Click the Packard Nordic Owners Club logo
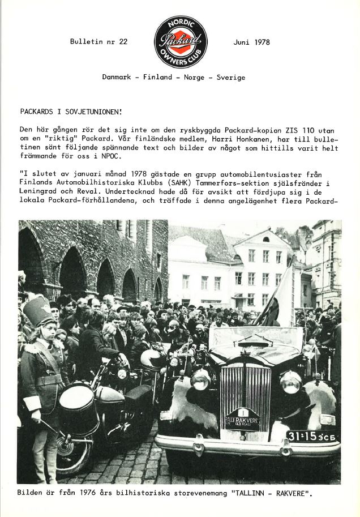click(x=181, y=42)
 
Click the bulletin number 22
click(x=122, y=42)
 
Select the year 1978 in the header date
click(x=262, y=42)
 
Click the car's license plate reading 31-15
click(x=312, y=436)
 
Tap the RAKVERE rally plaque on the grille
click(x=242, y=420)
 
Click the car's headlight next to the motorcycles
click(x=200, y=380)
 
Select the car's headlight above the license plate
click(x=290, y=382)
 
